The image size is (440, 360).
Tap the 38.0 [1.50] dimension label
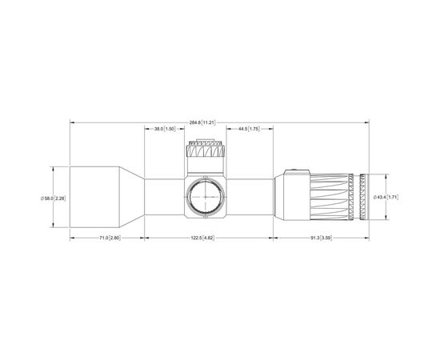click(x=165, y=129)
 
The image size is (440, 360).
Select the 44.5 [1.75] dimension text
click(x=249, y=129)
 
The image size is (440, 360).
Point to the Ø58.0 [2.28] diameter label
click(x=54, y=198)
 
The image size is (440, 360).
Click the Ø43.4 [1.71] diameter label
click(x=386, y=197)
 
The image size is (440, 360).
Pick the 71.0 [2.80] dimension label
click(x=110, y=238)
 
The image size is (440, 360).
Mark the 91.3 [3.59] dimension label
click(x=321, y=238)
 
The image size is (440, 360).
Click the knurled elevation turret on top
click(x=205, y=150)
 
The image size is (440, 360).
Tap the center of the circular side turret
click(x=206, y=197)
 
